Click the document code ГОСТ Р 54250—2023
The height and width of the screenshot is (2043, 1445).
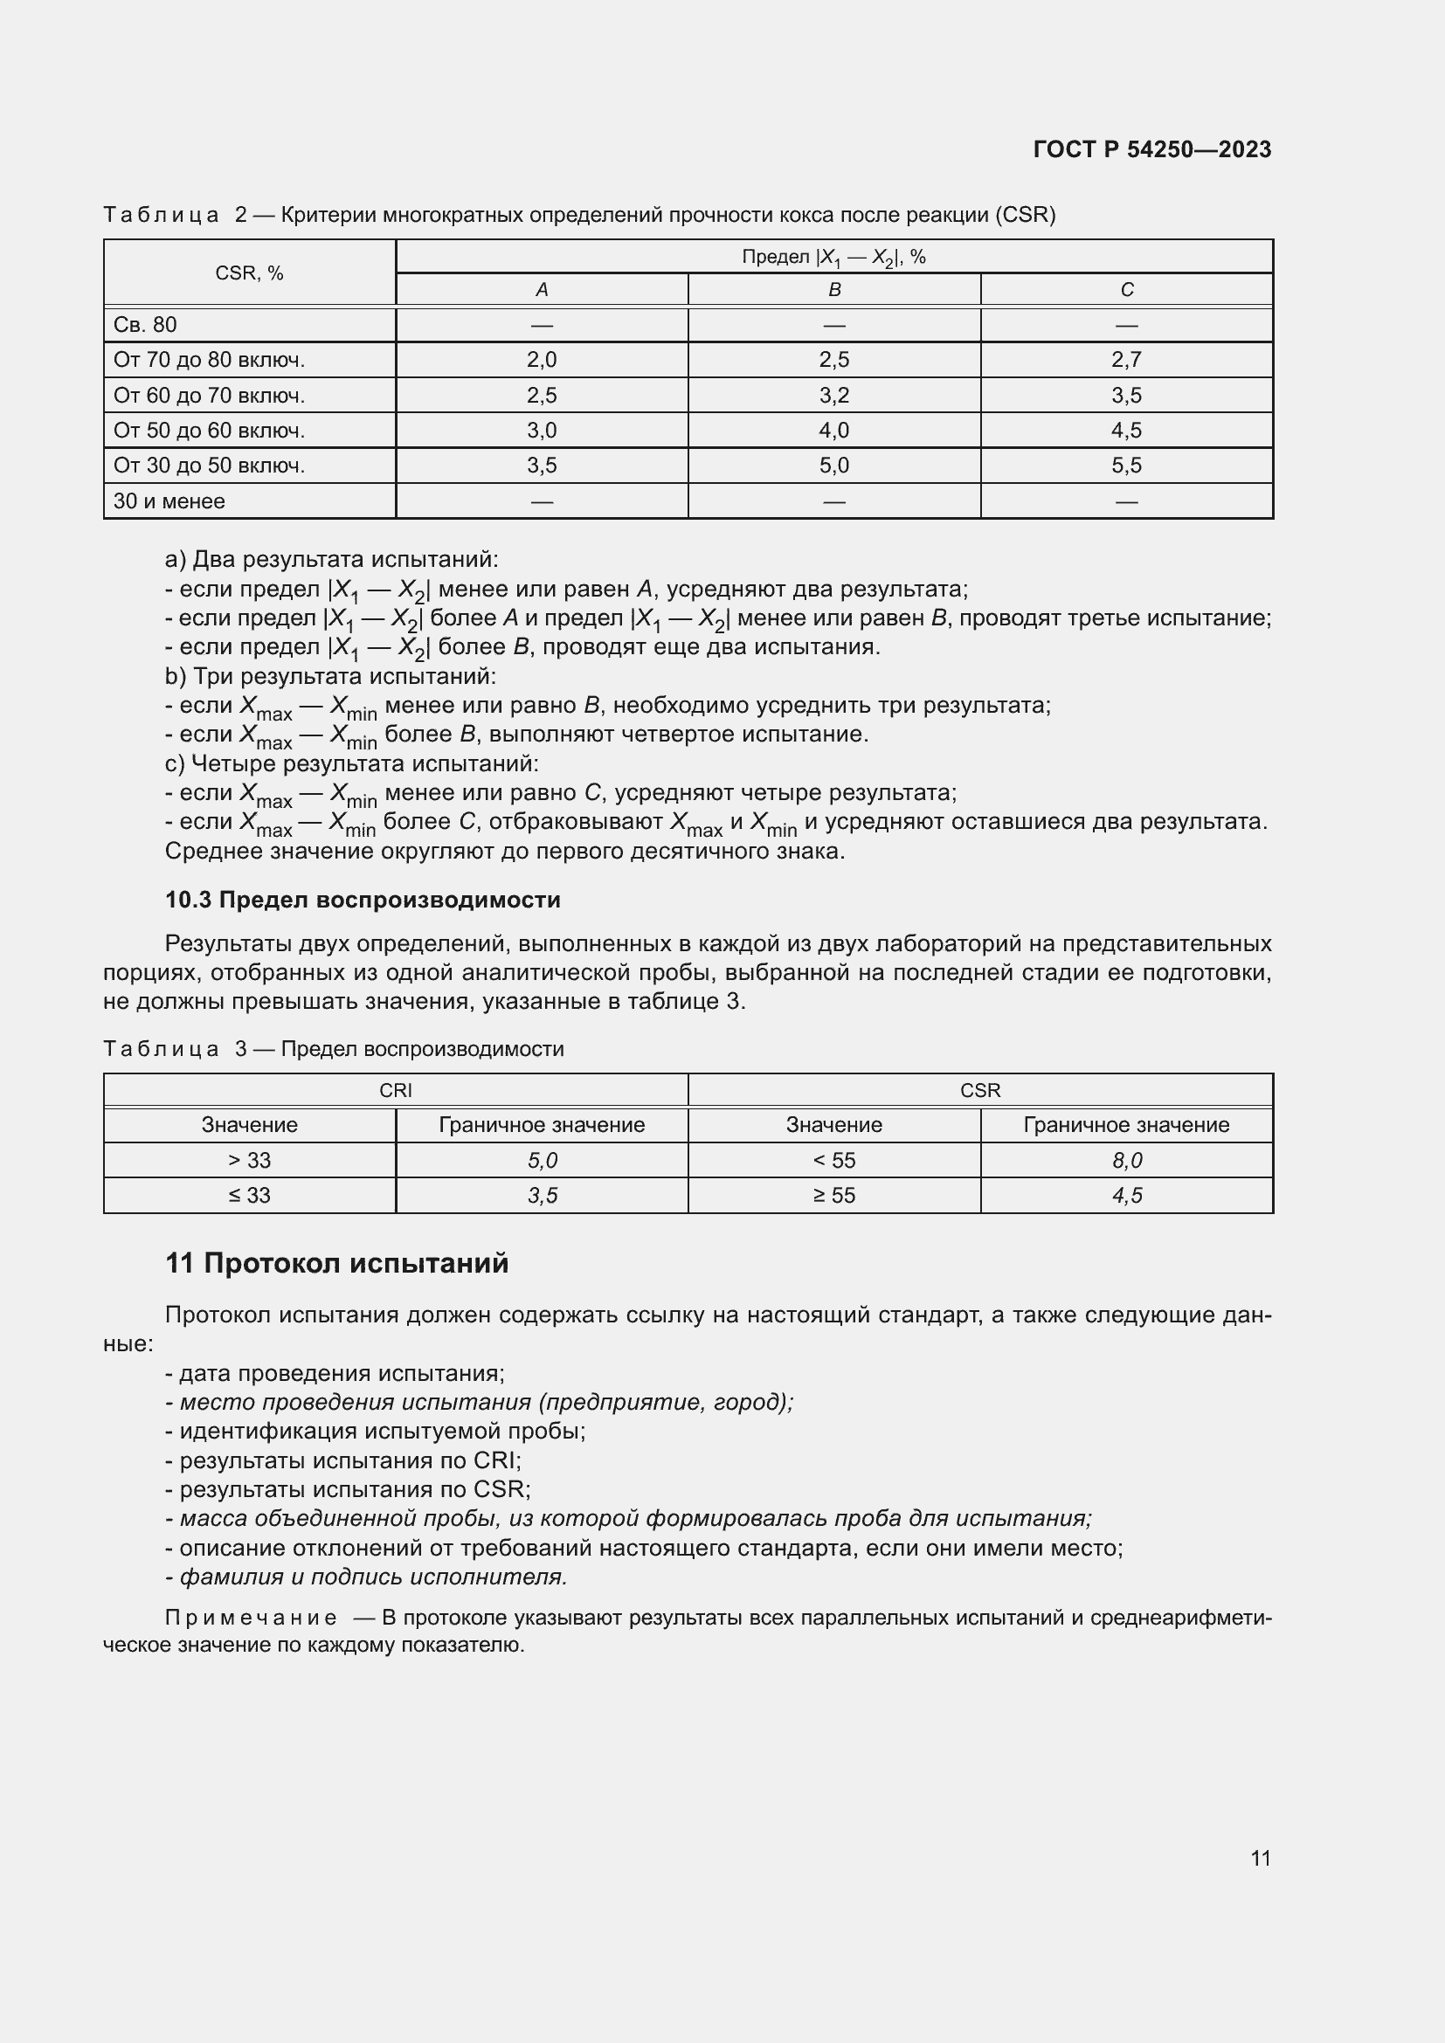pos(1151,149)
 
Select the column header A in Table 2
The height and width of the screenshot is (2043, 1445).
pos(541,290)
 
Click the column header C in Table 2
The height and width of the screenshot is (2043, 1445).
pos(1126,290)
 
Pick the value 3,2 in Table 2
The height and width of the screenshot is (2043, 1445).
pos(833,395)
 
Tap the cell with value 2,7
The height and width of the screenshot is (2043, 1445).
pos(1126,360)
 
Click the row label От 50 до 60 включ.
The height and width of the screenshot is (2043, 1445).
pos(209,431)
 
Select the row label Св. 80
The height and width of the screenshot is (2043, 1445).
pos(145,325)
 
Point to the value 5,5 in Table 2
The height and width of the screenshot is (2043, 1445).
pos(1126,466)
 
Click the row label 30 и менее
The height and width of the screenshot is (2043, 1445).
pos(169,501)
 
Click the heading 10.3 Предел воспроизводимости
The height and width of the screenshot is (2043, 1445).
pos(363,900)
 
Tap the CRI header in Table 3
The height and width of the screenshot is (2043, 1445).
pos(395,1090)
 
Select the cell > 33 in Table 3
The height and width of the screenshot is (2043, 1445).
pos(249,1160)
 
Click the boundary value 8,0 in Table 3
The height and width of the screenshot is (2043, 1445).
pos(1126,1160)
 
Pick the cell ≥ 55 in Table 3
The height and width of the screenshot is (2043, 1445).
pos(833,1195)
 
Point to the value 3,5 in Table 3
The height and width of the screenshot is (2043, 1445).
pos(541,1195)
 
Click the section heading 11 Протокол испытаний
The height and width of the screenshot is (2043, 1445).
pos(336,1263)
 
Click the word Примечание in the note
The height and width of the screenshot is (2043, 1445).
pos(250,1618)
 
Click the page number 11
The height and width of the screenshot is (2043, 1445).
pos(1260,1858)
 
